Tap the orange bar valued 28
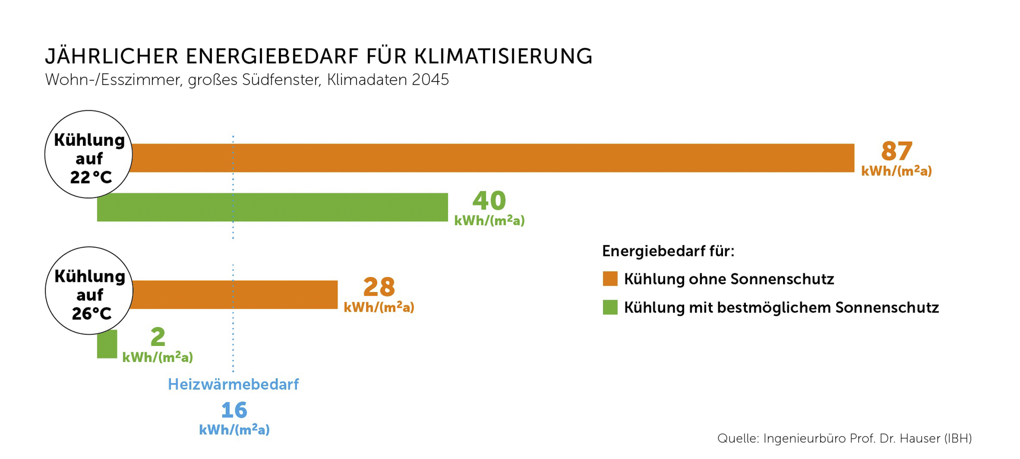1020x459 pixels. (x=234, y=295)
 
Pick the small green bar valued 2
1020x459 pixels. (x=107, y=344)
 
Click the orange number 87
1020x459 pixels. (x=897, y=151)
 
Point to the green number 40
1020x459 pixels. (x=489, y=201)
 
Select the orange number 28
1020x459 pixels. (x=379, y=287)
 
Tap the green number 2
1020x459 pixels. (x=158, y=337)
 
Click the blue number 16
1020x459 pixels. (x=234, y=410)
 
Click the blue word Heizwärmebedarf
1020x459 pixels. (x=233, y=384)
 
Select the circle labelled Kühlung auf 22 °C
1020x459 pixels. (x=89, y=154)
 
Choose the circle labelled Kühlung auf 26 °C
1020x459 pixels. (x=89, y=291)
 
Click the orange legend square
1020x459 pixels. (x=610, y=279)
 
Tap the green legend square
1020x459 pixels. (x=610, y=307)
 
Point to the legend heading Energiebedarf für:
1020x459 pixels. (x=668, y=251)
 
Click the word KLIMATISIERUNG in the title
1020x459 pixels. (x=503, y=56)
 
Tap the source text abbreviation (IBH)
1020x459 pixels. (x=957, y=438)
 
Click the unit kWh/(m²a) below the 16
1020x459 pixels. (x=234, y=430)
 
